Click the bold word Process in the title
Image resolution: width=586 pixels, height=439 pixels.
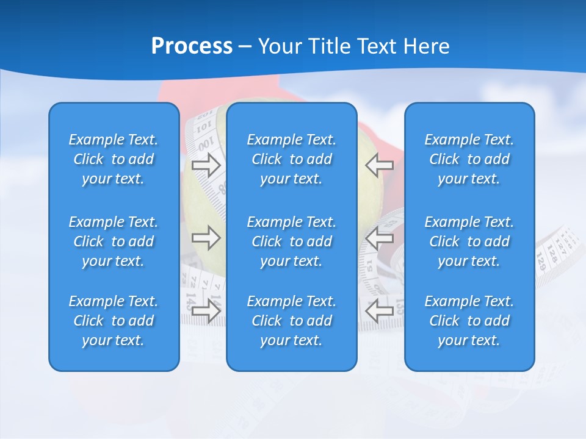click(x=192, y=46)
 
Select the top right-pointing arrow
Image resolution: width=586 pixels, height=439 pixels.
click(x=206, y=165)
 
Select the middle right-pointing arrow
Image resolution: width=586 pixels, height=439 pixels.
click(x=206, y=238)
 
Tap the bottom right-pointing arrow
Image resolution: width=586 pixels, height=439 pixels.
click(x=206, y=310)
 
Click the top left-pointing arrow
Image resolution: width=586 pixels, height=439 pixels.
click(x=379, y=165)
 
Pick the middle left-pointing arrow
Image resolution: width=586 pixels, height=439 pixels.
click(x=379, y=238)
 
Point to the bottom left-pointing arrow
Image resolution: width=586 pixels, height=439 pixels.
click(x=379, y=310)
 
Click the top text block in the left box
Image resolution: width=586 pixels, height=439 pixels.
click(x=114, y=159)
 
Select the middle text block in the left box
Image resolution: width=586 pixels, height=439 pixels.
click(x=114, y=241)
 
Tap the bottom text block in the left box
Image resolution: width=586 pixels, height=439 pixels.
click(x=114, y=321)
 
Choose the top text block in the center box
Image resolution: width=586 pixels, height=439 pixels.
click(x=291, y=159)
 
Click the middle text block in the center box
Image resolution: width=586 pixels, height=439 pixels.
click(x=291, y=241)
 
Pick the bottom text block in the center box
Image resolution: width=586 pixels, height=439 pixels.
click(x=291, y=321)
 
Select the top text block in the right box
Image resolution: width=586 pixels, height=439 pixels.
click(x=469, y=159)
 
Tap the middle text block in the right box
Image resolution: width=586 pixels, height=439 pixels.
click(x=469, y=241)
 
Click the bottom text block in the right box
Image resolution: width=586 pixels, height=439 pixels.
click(x=469, y=321)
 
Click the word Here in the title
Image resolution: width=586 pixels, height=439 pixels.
click(x=427, y=46)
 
